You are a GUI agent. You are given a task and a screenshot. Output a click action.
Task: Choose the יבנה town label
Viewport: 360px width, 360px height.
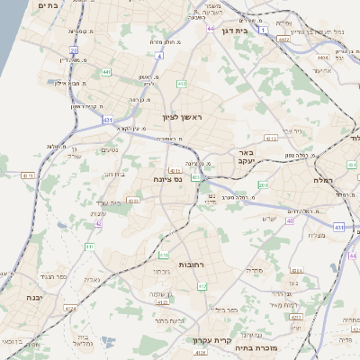click(34, 297)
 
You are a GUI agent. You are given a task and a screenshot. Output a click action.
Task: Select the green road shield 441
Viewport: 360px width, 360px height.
click(106, 72)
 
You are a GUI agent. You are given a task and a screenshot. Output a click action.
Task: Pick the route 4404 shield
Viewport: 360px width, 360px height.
click(322, 57)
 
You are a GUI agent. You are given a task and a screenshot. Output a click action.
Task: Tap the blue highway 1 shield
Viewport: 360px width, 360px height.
click(263, 30)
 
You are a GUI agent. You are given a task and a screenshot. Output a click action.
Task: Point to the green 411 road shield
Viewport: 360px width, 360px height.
click(88, 247)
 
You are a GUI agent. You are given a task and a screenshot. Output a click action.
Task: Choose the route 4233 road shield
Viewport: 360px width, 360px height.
click(134, 202)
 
